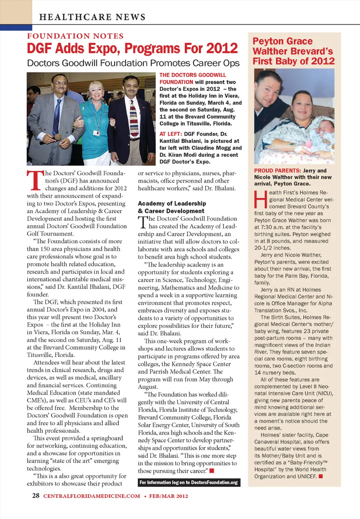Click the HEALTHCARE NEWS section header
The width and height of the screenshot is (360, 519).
[92, 17]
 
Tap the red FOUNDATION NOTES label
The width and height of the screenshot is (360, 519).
[75, 36]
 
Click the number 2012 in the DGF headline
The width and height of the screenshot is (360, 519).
[222, 48]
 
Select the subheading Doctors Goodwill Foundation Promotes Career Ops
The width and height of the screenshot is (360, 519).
[133, 63]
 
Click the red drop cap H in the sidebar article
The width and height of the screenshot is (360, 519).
[261, 199]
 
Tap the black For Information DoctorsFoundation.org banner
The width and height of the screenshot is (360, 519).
[189, 483]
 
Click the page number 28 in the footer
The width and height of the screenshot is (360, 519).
[36, 495]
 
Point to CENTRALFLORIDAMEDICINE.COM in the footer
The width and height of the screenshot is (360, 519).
[91, 496]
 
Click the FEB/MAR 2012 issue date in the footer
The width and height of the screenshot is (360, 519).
[168, 496]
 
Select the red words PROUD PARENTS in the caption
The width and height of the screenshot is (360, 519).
[277, 171]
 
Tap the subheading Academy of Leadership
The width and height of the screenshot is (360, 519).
[172, 203]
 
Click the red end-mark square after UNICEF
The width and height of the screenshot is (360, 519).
[321, 476]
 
